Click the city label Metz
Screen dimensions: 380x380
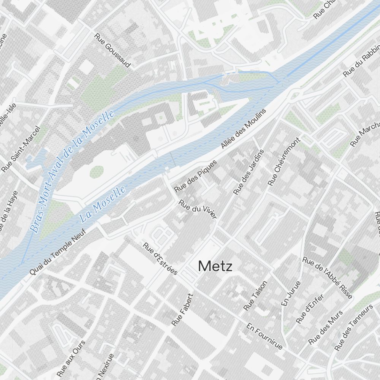pos(215,266)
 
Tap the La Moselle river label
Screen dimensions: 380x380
pos(103,204)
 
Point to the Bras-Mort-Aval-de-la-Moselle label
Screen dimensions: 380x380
pos(72,171)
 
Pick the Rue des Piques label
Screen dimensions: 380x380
pos(195,176)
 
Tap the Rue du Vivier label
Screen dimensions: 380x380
pos(198,209)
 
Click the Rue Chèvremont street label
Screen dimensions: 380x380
pos(284,161)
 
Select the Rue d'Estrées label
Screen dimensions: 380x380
pos(160,258)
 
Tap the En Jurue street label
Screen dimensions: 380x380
pos(291,293)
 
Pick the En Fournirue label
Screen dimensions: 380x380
pos(264,336)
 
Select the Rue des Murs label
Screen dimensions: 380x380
pos(325,327)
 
